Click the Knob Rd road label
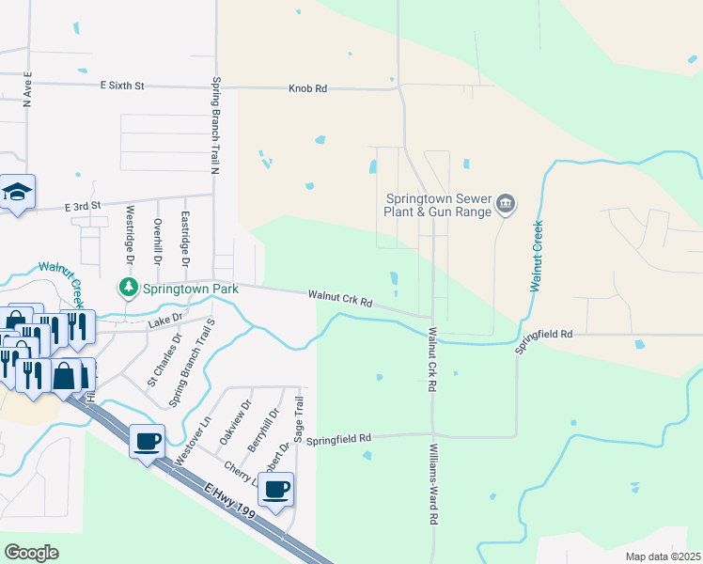click(307, 88)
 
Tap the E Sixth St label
click(122, 86)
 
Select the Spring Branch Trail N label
click(215, 126)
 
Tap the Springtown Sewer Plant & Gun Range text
click(439, 206)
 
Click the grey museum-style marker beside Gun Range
click(506, 204)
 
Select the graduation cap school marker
click(17, 193)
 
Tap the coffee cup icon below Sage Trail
click(275, 490)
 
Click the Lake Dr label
click(164, 323)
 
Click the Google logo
click(31, 553)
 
